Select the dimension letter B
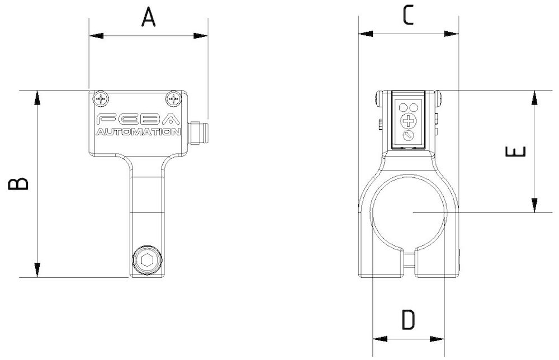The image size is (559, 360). [x=18, y=184]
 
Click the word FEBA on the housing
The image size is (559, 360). [x=138, y=120]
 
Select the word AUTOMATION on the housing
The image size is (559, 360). [x=138, y=132]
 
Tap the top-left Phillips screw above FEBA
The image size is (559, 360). [x=101, y=99]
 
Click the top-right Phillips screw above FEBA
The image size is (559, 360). [x=174, y=99]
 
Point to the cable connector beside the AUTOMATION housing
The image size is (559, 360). [x=198, y=132]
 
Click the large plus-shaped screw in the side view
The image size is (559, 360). [x=409, y=120]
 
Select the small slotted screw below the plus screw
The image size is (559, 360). [x=409, y=135]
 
